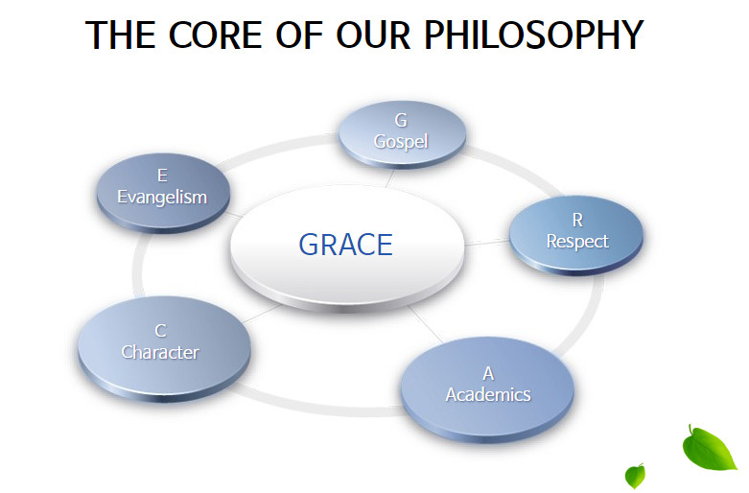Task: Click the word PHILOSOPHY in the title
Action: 534,35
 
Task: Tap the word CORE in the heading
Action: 215,35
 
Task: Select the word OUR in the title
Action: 373,35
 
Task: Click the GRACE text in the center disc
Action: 346,245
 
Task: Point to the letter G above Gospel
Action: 401,121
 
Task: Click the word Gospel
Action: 401,142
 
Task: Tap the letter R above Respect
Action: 577,221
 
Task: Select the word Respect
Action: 577,242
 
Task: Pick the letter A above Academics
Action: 488,373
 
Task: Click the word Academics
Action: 488,394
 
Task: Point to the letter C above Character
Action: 160,331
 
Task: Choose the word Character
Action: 160,352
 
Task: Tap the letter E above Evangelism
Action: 162,176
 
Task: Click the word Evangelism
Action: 162,197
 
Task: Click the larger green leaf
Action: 708,449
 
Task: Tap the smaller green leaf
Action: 635,476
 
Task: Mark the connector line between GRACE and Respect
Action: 486,243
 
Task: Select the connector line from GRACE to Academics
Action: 426,324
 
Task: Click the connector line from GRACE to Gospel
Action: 389,178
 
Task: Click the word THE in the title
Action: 121,35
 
